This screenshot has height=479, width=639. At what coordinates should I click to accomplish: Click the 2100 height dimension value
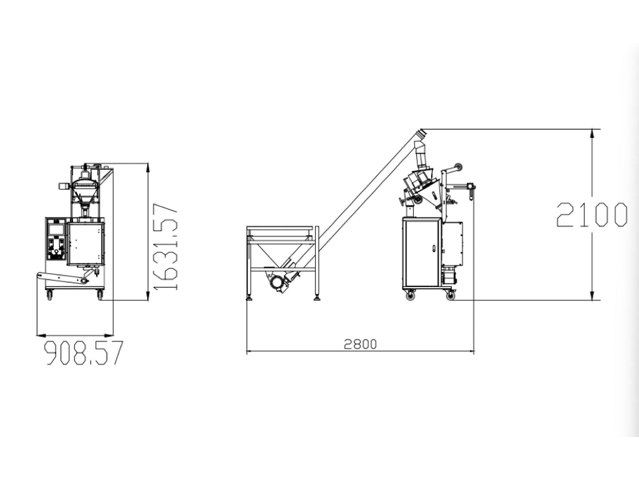point(592,215)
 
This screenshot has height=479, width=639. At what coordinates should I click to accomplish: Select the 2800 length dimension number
point(360,344)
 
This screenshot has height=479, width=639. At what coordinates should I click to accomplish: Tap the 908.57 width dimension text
point(84,353)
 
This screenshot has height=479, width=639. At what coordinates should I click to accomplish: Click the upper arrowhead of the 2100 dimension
point(592,133)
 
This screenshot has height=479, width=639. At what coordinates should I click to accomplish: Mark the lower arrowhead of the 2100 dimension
point(592,296)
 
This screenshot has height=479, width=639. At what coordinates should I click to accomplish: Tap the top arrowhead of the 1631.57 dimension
point(148,168)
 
